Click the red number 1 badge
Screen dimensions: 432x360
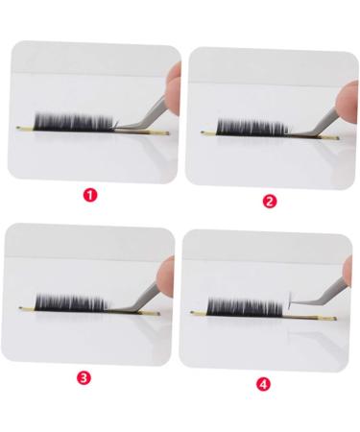[90, 194]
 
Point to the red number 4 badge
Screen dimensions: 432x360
[264, 384]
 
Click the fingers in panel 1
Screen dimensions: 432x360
[172, 86]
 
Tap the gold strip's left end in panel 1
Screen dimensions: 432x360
[23, 129]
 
